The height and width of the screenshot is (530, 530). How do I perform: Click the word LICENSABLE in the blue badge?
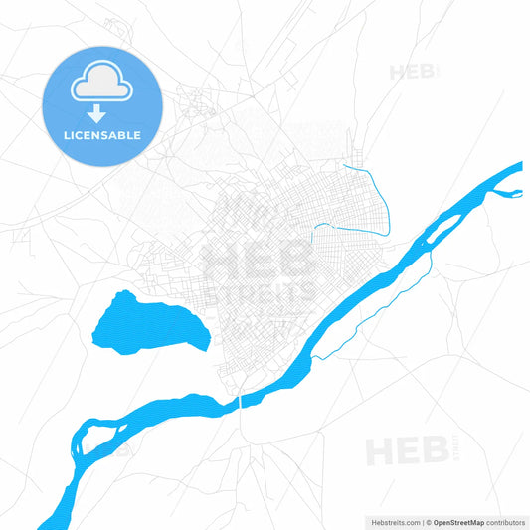tap(101, 135)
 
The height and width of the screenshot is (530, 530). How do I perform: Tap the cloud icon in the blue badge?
tap(101, 87)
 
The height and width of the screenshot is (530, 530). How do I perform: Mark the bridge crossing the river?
tap(241, 402)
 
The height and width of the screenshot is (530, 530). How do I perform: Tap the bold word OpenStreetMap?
tap(460, 520)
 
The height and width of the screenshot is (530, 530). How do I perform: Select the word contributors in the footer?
tap(505, 520)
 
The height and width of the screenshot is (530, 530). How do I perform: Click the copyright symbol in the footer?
tap(430, 520)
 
